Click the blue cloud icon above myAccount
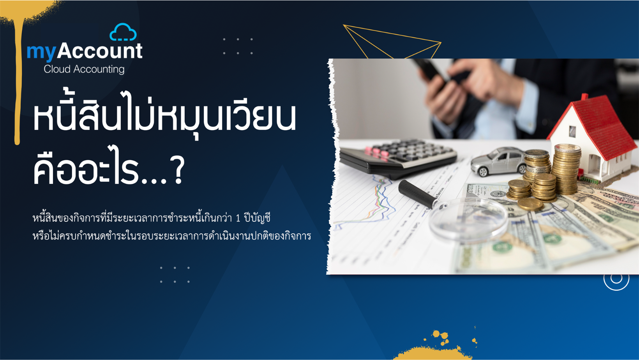123,32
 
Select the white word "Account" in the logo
100,51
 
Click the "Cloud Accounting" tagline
84,69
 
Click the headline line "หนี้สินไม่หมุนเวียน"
164,116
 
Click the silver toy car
498,161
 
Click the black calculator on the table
398,157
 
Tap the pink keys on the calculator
376,152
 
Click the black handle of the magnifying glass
417,194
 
